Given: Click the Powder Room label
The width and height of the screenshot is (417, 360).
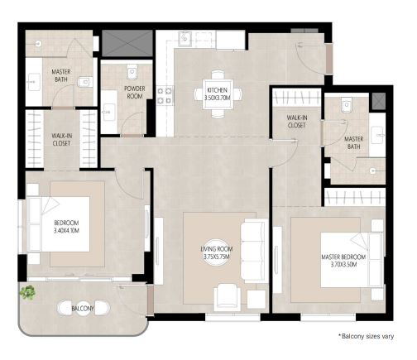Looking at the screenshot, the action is tap(135, 93).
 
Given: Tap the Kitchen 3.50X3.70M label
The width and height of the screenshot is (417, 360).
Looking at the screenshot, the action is tap(218, 94).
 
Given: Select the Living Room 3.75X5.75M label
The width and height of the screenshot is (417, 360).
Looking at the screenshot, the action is tap(217, 252).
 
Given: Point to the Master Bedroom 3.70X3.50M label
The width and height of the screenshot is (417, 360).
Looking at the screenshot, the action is tap(343, 261).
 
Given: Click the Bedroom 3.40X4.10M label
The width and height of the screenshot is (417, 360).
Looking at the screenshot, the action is tap(66, 227).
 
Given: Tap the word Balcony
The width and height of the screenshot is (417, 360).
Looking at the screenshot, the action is tap(83, 309).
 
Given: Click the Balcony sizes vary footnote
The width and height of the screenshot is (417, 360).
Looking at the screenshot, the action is tap(367, 336).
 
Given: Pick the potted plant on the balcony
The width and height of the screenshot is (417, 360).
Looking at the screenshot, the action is tap(27, 292).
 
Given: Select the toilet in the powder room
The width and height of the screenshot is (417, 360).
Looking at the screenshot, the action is tap(132, 72).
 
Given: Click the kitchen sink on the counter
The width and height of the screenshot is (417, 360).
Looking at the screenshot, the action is tap(185, 39).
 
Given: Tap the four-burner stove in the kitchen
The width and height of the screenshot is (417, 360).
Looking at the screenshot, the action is tap(165, 95).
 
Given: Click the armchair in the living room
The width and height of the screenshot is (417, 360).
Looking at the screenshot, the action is tap(228, 297).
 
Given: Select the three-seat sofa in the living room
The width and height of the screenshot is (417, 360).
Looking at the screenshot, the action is tap(254, 251).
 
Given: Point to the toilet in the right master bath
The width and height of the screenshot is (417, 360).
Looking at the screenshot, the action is tap(347, 105).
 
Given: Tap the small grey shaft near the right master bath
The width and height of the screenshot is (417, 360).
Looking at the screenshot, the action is tap(378, 101).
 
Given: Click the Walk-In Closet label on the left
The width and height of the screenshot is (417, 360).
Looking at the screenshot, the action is tap(61, 140).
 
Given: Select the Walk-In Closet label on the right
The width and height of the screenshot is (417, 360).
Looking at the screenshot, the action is tap(297, 122).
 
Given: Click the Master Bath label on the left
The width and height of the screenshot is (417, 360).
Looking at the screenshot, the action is tap(61, 75).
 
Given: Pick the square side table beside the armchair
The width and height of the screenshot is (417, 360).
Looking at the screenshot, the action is tap(256, 300).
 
